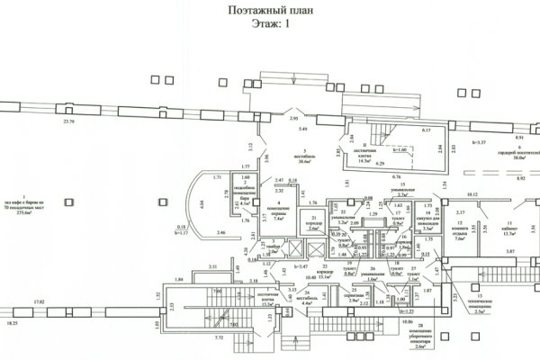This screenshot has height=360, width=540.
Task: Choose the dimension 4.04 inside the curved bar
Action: (x=202, y=203)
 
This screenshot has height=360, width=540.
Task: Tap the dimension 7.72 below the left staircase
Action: (x=220, y=337)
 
